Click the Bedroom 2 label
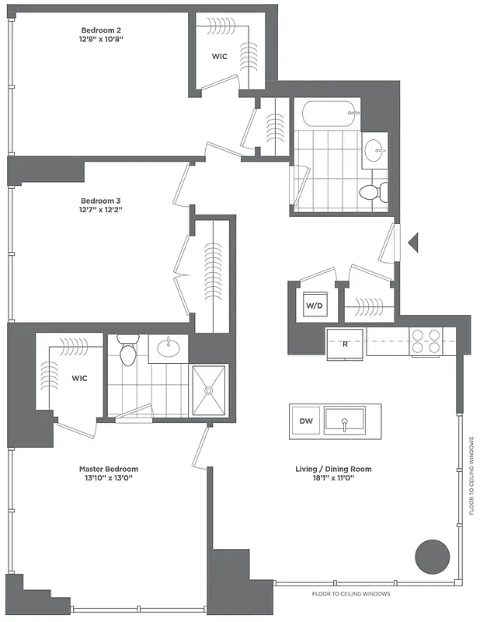(102, 30)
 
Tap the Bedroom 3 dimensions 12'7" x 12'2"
(102, 209)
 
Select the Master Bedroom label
(109, 469)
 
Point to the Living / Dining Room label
(333, 469)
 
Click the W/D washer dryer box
(315, 306)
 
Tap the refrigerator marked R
(345, 343)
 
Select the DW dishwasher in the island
(305, 421)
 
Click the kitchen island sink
(346, 422)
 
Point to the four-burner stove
(426, 341)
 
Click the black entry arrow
(413, 243)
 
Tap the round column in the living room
(432, 556)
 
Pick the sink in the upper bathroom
(376, 150)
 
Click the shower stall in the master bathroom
(208, 391)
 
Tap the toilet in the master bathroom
(128, 351)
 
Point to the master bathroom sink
(169, 348)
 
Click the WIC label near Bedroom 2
(220, 56)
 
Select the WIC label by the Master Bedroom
(79, 378)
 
